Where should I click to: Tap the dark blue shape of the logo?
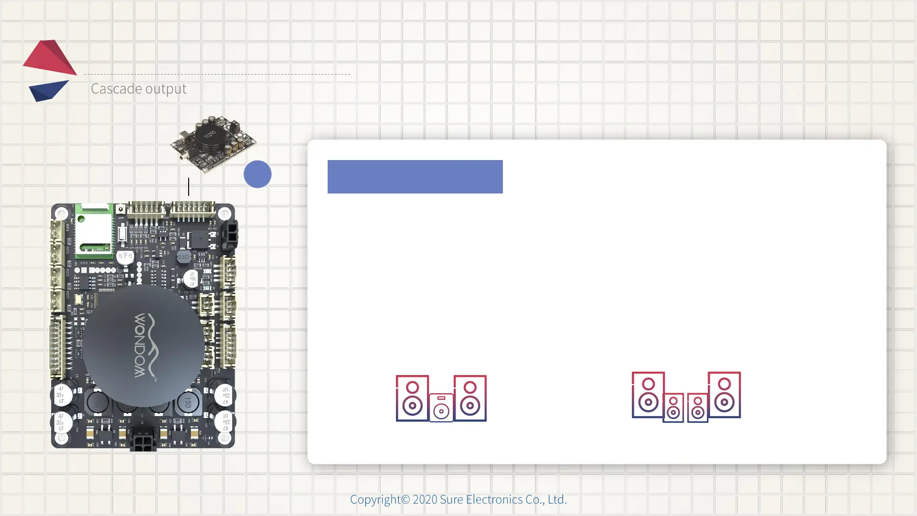(x=48, y=90)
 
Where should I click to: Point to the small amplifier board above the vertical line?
(x=213, y=143)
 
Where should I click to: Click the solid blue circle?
(x=257, y=174)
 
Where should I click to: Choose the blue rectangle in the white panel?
(x=415, y=177)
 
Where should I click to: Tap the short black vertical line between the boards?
(x=189, y=186)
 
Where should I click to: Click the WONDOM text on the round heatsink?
(x=140, y=345)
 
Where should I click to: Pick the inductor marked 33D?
(x=183, y=257)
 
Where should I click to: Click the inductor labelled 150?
(x=188, y=403)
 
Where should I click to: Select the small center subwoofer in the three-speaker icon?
(x=441, y=408)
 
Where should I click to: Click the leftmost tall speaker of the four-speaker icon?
(x=648, y=395)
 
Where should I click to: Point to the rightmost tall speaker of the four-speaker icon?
(x=725, y=395)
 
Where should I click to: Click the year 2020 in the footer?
(x=425, y=499)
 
